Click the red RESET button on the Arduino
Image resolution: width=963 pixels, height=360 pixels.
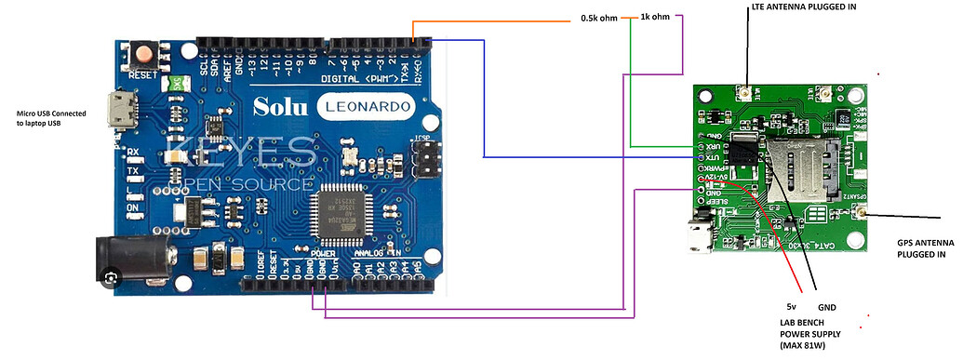click(144, 54)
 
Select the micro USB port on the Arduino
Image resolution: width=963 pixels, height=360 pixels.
click(118, 110)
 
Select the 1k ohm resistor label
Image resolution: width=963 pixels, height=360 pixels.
click(655, 18)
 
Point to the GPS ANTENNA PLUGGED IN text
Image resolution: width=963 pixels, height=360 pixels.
click(917, 247)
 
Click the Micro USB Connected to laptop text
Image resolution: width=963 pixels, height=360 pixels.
click(51, 118)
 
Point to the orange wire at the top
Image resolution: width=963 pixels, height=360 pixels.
click(493, 20)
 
